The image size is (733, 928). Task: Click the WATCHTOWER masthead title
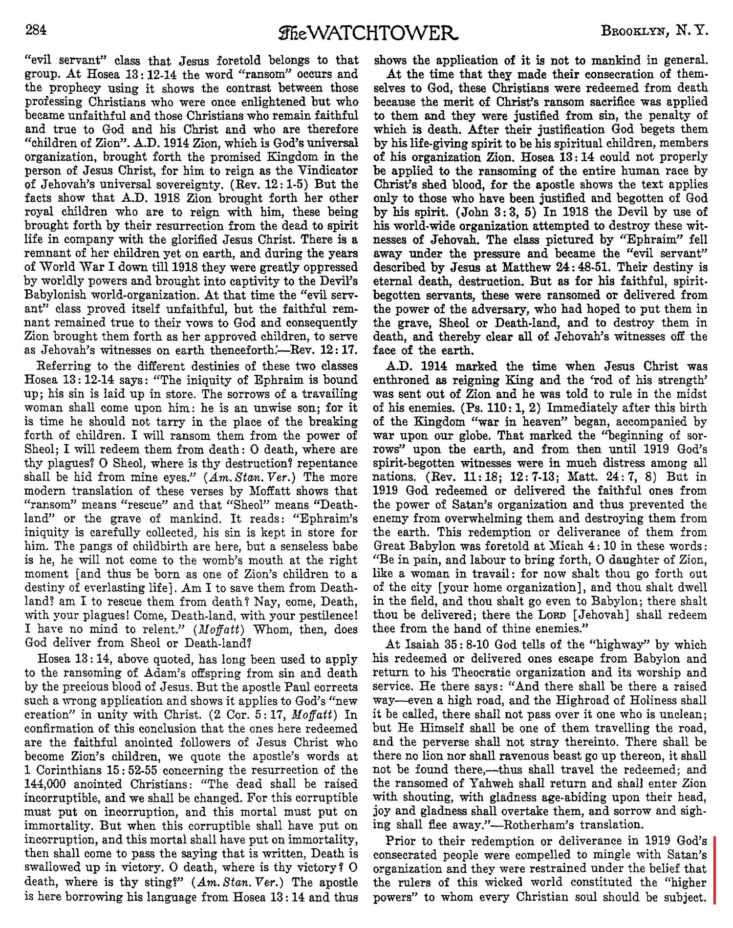pos(368,33)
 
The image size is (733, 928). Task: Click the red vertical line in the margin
pos(714,869)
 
